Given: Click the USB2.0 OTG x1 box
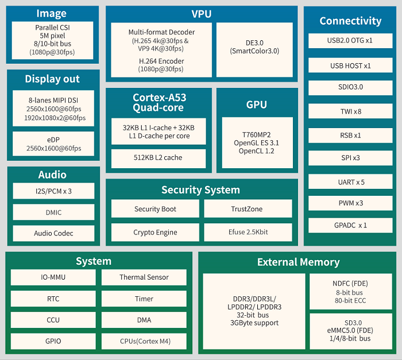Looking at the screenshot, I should pos(350,41).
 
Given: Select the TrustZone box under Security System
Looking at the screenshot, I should pos(248,209).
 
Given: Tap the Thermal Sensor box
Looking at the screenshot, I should pos(144,277).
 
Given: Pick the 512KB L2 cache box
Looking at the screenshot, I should pos(158,158).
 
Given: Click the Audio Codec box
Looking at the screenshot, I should pos(53,233).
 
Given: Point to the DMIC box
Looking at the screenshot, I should pos(53,212).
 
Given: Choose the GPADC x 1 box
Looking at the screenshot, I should pos(350,225).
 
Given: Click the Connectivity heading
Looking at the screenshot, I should pos(350,21).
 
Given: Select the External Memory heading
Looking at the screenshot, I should pos(298,262).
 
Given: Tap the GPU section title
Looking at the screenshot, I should pos(257,105).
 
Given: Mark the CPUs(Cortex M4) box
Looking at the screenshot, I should pos(144,341).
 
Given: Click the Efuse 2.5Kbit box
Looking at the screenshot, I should pos(248,233).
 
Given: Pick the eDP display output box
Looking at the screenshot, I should pos(53,143).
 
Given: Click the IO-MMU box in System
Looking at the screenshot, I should pos(53,277).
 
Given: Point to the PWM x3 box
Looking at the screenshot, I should pos(350,203).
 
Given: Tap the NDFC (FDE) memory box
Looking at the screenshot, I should pos(350,291).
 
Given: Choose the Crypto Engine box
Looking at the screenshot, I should pos(155,233).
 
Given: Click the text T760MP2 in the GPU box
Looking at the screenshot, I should pos(257,133).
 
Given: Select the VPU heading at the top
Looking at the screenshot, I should pos(202,14).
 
